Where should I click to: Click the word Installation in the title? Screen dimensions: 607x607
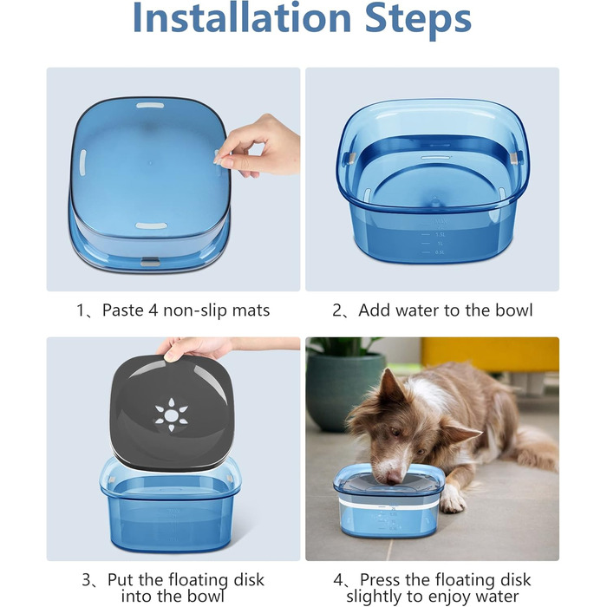[242, 17]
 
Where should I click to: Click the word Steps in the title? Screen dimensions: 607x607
[418, 19]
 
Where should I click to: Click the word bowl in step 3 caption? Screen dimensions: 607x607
[206, 596]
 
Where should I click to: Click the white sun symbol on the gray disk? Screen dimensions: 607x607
[171, 414]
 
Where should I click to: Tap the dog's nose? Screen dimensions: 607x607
[394, 479]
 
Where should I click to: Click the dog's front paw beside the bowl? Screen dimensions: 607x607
[452, 499]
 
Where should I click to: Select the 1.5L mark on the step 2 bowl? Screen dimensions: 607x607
[441, 235]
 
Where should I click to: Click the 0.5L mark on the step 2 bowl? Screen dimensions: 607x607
[440, 252]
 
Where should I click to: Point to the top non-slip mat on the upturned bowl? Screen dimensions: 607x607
[150, 105]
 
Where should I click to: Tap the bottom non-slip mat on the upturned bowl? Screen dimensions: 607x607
[152, 225]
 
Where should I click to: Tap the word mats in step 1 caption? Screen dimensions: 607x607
[251, 310]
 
